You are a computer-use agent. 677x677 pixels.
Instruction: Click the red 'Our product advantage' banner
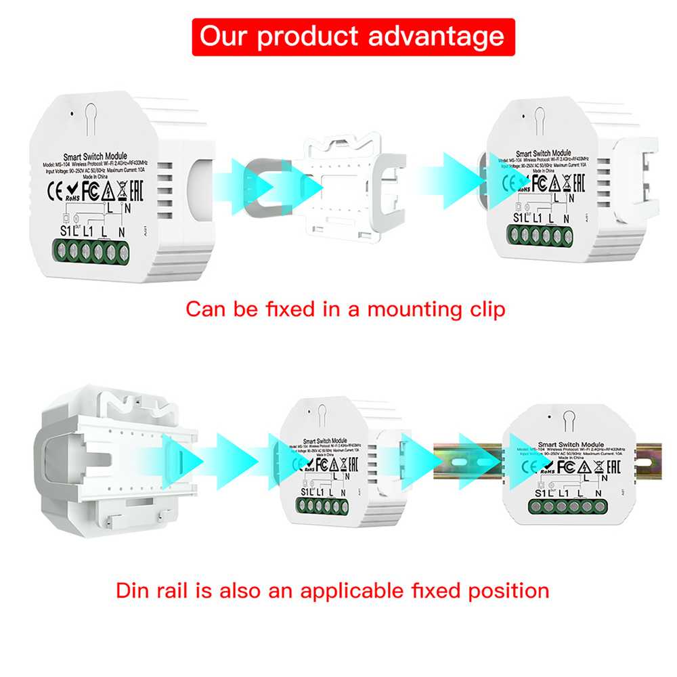click(x=352, y=37)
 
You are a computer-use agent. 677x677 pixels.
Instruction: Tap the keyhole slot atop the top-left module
click(x=92, y=111)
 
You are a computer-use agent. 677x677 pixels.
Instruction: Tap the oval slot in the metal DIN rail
click(x=461, y=460)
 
